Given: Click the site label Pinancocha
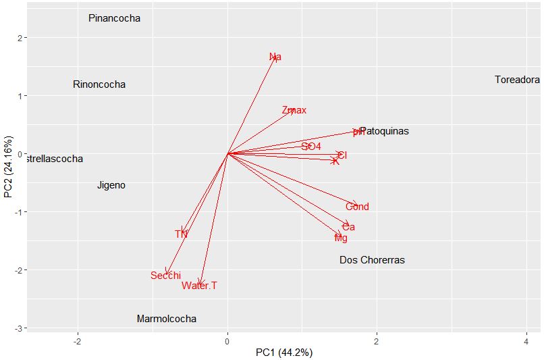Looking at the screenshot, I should tap(114, 18).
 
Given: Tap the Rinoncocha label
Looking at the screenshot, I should tap(99, 84).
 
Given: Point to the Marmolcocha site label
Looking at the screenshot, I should tap(166, 319).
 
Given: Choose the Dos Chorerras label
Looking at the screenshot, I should tap(372, 260).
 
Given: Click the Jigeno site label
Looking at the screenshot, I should tap(111, 185).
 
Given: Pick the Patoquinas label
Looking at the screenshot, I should tap(384, 131).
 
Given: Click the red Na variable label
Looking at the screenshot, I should tap(275, 57).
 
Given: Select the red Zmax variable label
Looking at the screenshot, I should tap(294, 110).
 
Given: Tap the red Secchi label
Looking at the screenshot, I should tap(165, 275).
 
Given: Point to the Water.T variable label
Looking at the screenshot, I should tap(199, 286).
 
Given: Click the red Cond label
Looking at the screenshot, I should tap(357, 207).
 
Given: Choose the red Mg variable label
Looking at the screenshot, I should tap(341, 238).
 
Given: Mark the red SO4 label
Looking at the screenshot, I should tap(311, 146).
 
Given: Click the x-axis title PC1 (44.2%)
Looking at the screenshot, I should tap(283, 353).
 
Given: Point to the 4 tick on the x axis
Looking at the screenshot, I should tap(526, 342).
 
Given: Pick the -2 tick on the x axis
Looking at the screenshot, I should tap(78, 342).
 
